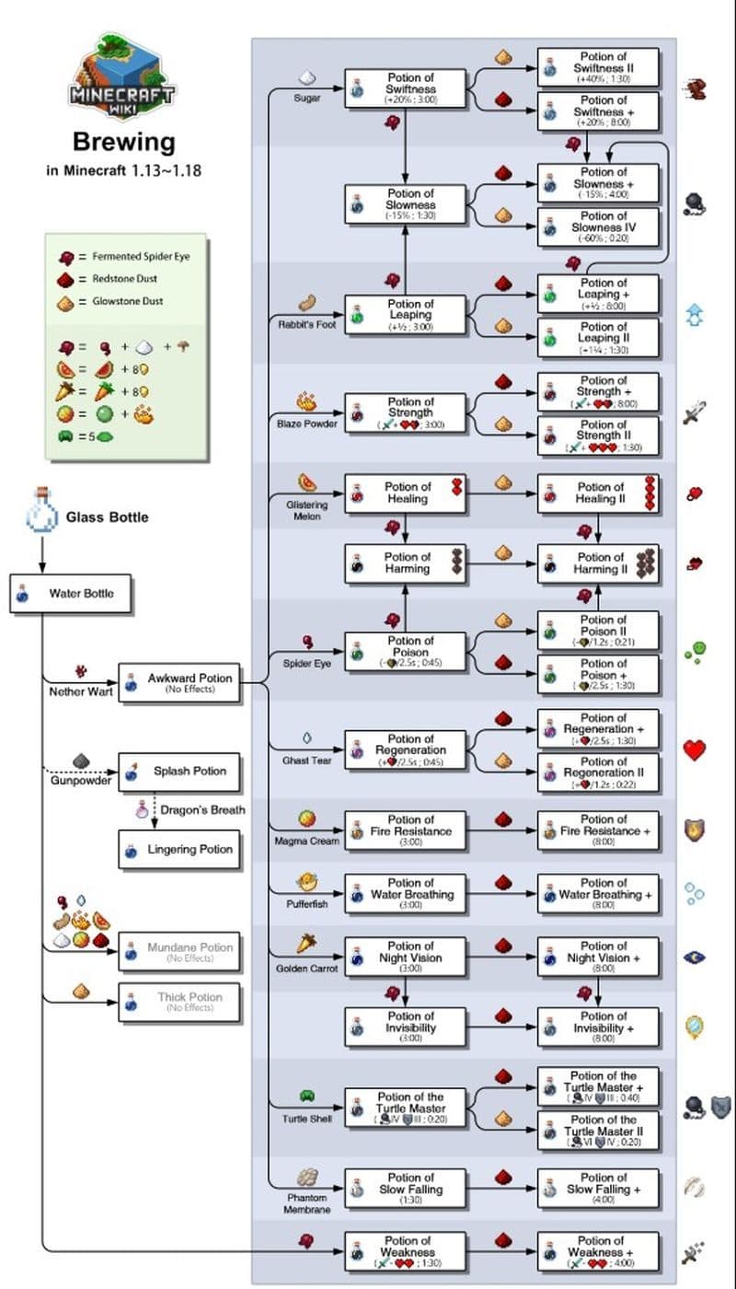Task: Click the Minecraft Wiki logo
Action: click(x=122, y=79)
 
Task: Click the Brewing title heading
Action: click(x=123, y=142)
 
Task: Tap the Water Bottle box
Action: click(x=71, y=594)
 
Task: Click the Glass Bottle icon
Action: click(x=40, y=512)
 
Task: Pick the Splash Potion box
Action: click(x=180, y=772)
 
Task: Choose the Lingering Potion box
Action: click(x=180, y=850)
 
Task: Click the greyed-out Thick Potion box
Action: click(x=180, y=1002)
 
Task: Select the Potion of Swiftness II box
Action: click(x=598, y=68)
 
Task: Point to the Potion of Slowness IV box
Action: click(x=598, y=226)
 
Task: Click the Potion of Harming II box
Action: click(x=598, y=563)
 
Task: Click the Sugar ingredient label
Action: click(x=306, y=98)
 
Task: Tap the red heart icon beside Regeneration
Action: click(x=695, y=749)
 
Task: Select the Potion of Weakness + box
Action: click(x=598, y=1252)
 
